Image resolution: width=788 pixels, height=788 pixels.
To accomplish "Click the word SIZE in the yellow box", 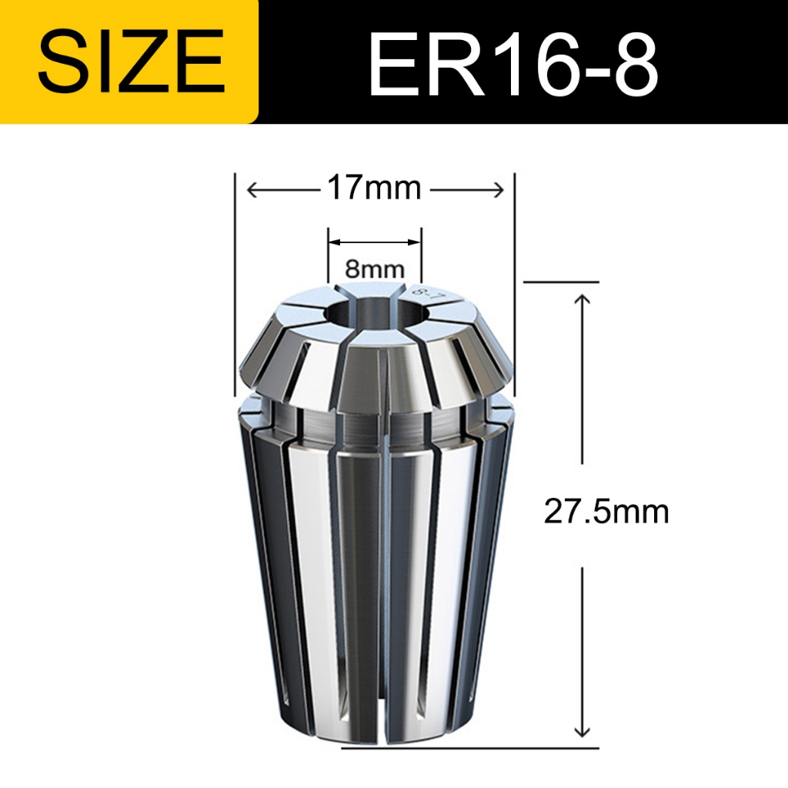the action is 131,61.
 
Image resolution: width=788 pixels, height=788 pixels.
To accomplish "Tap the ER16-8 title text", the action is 513,63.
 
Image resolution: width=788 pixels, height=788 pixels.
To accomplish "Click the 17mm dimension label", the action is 375,188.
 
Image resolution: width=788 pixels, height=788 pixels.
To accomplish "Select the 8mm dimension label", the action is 375,269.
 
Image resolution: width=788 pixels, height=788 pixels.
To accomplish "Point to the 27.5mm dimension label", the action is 606,512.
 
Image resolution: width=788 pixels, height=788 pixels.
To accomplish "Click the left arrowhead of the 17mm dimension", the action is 252,191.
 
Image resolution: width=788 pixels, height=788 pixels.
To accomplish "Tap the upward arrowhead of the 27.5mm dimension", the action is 582,299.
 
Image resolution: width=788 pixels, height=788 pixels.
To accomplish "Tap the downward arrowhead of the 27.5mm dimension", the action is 582,732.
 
